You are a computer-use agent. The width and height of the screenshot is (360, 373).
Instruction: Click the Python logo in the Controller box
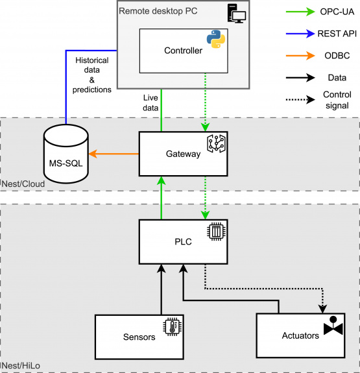(x=216, y=39)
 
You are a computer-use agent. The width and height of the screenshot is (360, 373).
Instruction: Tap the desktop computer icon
(x=236, y=14)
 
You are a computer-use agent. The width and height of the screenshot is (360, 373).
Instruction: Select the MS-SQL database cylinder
(x=66, y=154)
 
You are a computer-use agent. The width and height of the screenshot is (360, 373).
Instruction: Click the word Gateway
(x=183, y=154)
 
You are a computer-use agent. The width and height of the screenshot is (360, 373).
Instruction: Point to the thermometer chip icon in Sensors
(x=173, y=326)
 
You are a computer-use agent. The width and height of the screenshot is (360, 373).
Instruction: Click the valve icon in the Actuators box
(x=333, y=326)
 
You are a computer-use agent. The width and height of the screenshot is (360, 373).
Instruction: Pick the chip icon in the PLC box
(x=216, y=232)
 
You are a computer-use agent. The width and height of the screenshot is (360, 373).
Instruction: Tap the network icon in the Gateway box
(x=216, y=143)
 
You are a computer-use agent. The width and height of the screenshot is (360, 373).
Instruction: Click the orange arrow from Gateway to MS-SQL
(x=114, y=154)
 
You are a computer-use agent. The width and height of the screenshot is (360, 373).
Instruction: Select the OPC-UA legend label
(x=337, y=12)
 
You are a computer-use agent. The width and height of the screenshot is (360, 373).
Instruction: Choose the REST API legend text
(x=337, y=34)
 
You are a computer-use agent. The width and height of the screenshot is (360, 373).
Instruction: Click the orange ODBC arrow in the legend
(x=300, y=56)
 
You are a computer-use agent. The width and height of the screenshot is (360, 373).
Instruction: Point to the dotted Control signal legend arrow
(x=300, y=99)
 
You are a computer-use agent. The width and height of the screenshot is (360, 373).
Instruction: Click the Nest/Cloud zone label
(x=23, y=184)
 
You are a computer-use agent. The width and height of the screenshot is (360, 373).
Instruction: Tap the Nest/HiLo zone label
(x=21, y=366)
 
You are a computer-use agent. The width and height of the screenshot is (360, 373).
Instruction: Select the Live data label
(x=150, y=102)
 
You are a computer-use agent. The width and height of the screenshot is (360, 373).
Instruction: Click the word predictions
(x=92, y=90)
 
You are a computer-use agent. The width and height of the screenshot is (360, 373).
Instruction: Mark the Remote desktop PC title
(x=158, y=11)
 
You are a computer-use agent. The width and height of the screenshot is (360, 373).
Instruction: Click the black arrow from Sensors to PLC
(x=162, y=289)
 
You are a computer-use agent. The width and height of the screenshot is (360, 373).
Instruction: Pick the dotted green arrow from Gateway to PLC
(x=205, y=198)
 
